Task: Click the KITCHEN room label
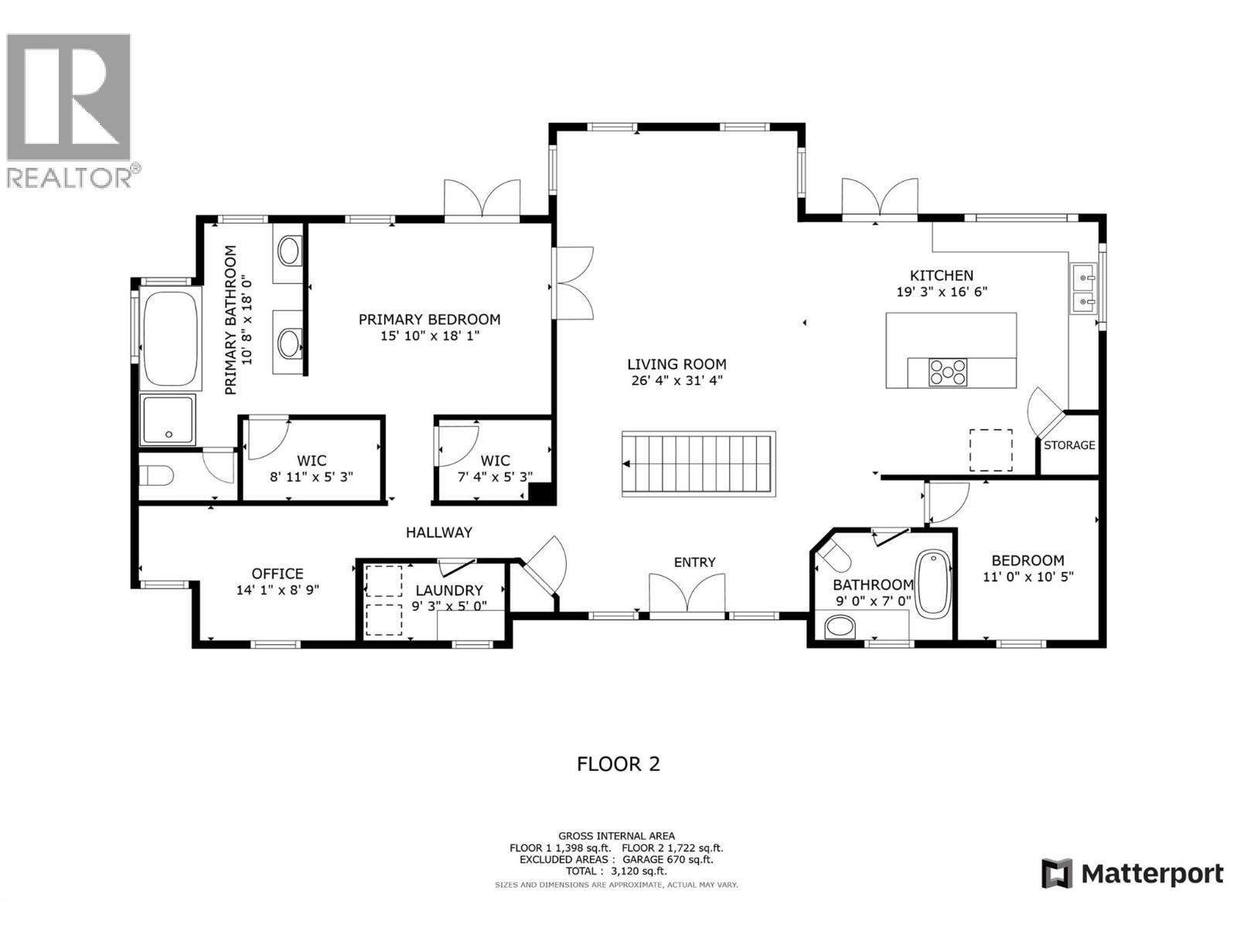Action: click(x=941, y=275)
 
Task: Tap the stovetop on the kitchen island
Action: click(x=947, y=372)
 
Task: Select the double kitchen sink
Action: click(x=1083, y=288)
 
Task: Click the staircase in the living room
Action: click(x=697, y=462)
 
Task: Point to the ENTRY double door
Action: click(x=687, y=596)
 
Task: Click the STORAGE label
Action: click(x=1069, y=445)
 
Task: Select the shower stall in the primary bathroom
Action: click(x=168, y=419)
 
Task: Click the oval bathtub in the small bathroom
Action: click(x=933, y=583)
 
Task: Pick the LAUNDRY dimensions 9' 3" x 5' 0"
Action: click(x=448, y=606)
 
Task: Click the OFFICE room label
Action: click(x=278, y=573)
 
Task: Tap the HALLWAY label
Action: click(x=439, y=532)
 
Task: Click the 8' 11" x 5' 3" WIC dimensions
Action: click(x=312, y=477)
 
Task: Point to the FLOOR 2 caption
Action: click(x=618, y=764)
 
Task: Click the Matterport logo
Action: click(x=1133, y=874)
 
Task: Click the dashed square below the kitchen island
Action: click(x=991, y=450)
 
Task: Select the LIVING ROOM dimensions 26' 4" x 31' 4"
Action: click(x=676, y=380)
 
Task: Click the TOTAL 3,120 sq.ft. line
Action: click(x=616, y=871)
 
